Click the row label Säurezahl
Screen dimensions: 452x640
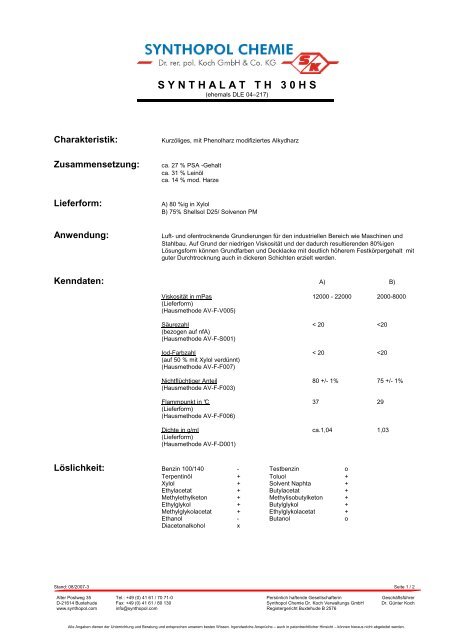[177, 325]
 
